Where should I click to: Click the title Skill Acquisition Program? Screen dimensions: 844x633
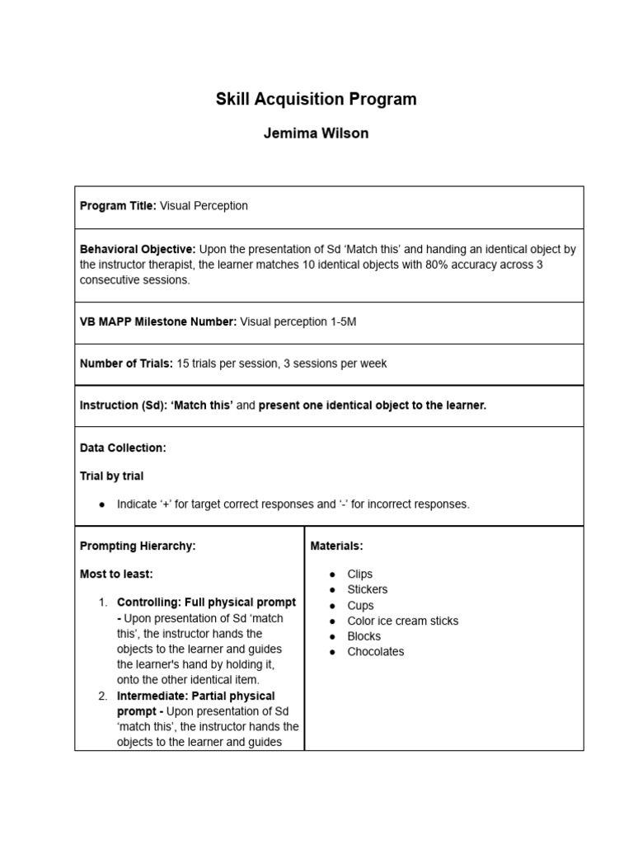[x=316, y=100]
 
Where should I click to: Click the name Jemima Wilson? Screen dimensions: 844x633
[x=316, y=134]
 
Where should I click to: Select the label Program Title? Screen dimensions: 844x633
[x=118, y=206]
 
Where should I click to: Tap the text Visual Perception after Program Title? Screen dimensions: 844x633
[x=204, y=206]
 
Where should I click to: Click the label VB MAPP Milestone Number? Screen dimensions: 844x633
[x=158, y=322]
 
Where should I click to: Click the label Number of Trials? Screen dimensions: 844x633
[x=127, y=363]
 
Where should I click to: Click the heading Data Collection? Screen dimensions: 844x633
[x=123, y=448]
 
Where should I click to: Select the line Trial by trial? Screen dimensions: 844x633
[x=111, y=476]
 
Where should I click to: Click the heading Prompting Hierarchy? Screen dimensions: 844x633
[x=138, y=546]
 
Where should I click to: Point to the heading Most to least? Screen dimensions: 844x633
[x=116, y=574]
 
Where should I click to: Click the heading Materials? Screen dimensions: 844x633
[x=336, y=546]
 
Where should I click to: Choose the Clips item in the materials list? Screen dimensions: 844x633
[x=360, y=574]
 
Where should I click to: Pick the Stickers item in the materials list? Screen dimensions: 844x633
[x=368, y=589]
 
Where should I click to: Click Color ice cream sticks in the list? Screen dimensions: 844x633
[x=403, y=621]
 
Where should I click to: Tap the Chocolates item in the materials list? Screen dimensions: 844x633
[x=376, y=651]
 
